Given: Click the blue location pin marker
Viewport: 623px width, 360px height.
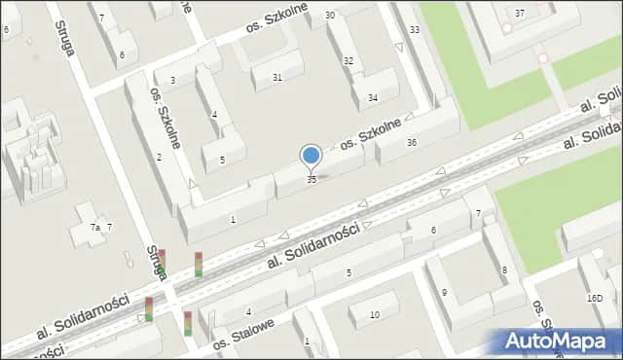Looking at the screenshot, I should pyautogui.click(x=311, y=156).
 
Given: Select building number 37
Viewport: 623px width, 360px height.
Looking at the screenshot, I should pyautogui.click(x=520, y=13).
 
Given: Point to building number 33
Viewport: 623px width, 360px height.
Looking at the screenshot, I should pyautogui.click(x=415, y=30).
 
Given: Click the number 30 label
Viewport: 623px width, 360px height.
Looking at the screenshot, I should pyautogui.click(x=330, y=16).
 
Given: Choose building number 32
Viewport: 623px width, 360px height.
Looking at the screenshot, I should pyautogui.click(x=348, y=61).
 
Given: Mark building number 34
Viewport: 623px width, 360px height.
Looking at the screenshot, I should pyautogui.click(x=373, y=98).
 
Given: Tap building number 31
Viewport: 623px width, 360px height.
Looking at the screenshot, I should pyautogui.click(x=277, y=78).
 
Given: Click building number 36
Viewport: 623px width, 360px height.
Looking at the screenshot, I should pyautogui.click(x=412, y=143).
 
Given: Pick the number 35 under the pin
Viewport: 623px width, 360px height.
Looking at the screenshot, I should pyautogui.click(x=311, y=180).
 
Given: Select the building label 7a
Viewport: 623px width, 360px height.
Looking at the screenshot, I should pyautogui.click(x=95, y=227).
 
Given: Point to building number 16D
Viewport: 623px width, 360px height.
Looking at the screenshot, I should pyautogui.click(x=595, y=299).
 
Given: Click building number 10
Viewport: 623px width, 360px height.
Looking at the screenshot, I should pyautogui.click(x=376, y=314).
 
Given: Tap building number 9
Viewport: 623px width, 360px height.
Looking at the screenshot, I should pyautogui.click(x=444, y=292).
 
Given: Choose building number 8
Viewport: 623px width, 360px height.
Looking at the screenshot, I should pyautogui.click(x=503, y=270).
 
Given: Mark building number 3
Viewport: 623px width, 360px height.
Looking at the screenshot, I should pyautogui.click(x=172, y=81).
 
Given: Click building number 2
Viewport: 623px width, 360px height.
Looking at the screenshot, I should pyautogui.click(x=159, y=158).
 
